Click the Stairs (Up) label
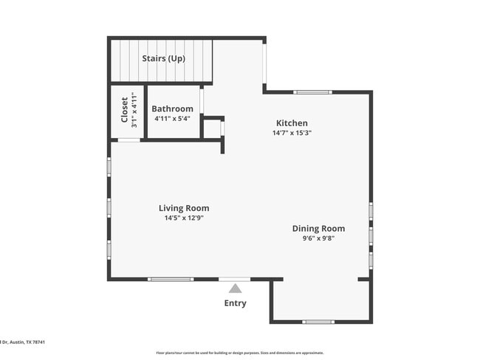click(x=163, y=58)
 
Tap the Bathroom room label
click(x=172, y=109)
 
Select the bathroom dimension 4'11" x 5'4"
click(x=172, y=118)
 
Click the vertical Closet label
click(x=124, y=111)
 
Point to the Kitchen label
click(x=292, y=123)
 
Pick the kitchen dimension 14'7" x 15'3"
click(x=292, y=134)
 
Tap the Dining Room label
click(x=318, y=229)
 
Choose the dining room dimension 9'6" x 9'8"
click(x=318, y=239)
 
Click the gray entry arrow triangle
click(x=235, y=288)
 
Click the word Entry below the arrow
click(x=235, y=303)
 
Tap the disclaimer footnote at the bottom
click(x=239, y=353)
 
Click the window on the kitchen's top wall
click(x=312, y=92)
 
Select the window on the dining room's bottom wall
click(x=318, y=322)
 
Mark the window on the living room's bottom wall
click(x=171, y=279)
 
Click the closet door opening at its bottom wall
click(x=129, y=139)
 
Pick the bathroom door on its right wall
click(x=202, y=100)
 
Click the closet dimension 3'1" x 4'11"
click(x=134, y=111)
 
